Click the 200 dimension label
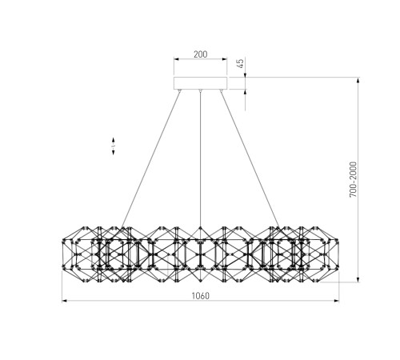click(200, 54)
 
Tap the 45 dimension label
click(241, 63)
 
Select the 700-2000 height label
click(353, 179)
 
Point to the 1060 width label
click(201, 296)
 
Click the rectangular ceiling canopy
click(200, 83)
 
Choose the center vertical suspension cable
click(200, 159)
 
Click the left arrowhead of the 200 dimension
click(177, 59)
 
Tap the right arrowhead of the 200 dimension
click(224, 59)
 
